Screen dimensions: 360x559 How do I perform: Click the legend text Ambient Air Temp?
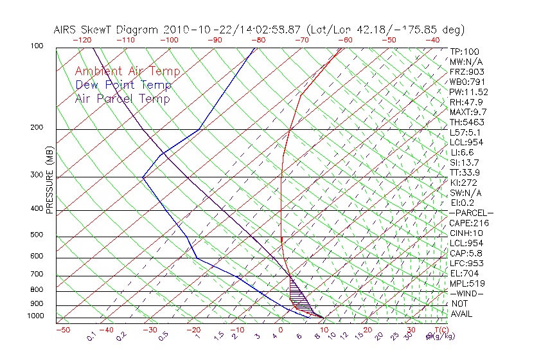click(x=127, y=71)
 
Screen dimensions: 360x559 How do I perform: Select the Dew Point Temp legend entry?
click(x=123, y=85)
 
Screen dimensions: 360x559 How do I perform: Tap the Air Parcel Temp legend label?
click(x=122, y=98)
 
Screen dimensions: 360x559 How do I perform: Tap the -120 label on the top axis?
click(x=82, y=39)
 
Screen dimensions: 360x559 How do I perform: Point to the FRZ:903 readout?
click(x=466, y=72)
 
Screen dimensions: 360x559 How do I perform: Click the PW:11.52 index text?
click(x=468, y=92)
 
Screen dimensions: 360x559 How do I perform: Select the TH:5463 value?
click(x=466, y=122)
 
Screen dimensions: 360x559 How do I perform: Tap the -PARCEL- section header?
click(x=471, y=213)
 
